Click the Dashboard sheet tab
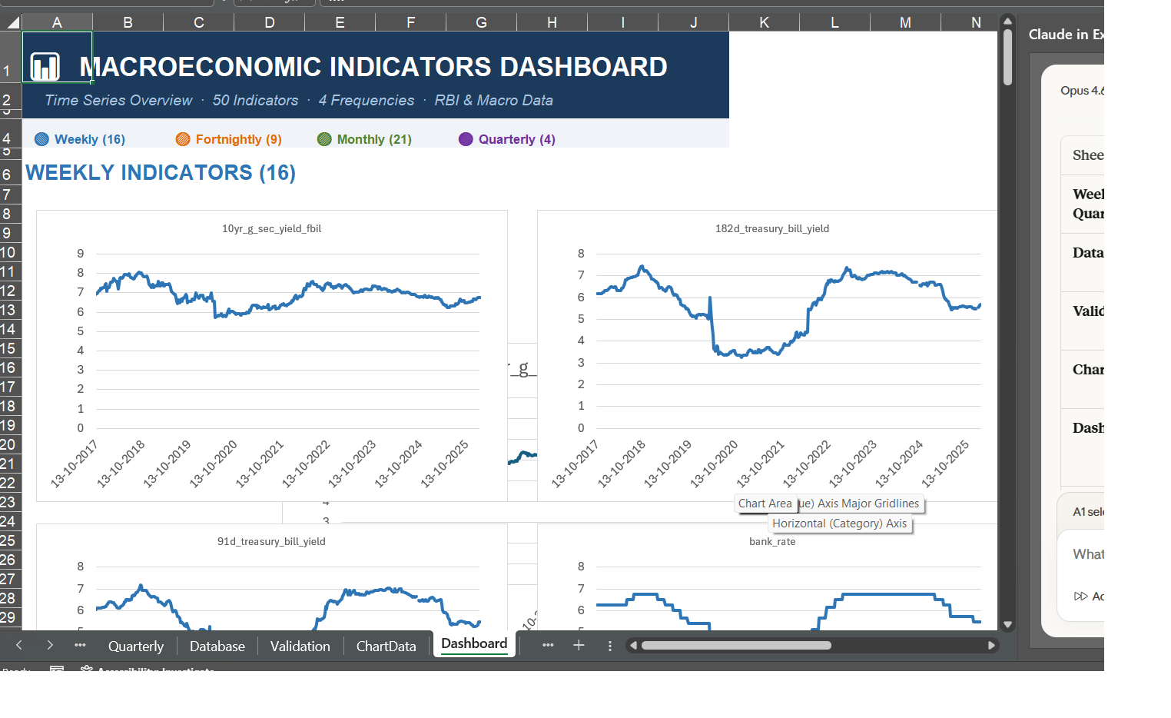pyautogui.click(x=474, y=644)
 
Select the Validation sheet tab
pyautogui.click(x=300, y=647)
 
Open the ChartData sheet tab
pyautogui.click(x=386, y=647)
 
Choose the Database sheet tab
pyautogui.click(x=217, y=647)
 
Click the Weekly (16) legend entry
pyautogui.click(x=89, y=139)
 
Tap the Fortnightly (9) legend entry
pyautogui.click(x=238, y=139)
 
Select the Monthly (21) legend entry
pyautogui.click(x=373, y=139)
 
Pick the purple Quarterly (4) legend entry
pyautogui.click(x=516, y=139)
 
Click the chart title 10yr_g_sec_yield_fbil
pyautogui.click(x=271, y=228)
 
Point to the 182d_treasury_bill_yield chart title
pyautogui.click(x=771, y=228)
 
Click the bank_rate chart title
pyautogui.click(x=771, y=541)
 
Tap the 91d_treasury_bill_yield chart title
pyautogui.click(x=271, y=541)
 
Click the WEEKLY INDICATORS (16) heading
pyautogui.click(x=161, y=172)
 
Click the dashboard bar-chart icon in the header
pyautogui.click(x=45, y=67)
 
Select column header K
pyautogui.click(x=764, y=22)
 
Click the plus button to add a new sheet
pyautogui.click(x=579, y=646)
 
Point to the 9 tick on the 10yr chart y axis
pyautogui.click(x=81, y=254)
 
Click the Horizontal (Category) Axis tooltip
pyautogui.click(x=839, y=524)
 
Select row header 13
pyautogui.click(x=8, y=310)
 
